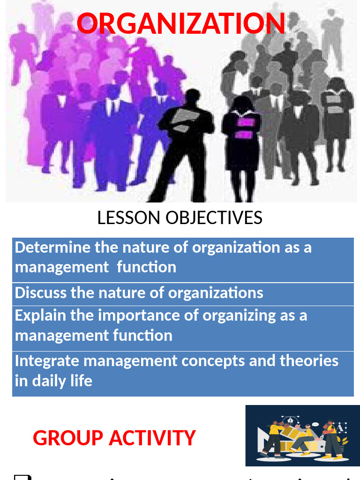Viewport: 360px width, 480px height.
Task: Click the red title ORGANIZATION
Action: (180, 23)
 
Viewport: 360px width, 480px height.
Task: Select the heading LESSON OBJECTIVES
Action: (180, 218)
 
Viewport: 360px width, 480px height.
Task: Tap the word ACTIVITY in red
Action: (152, 438)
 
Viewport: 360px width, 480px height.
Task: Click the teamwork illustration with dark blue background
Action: (302, 435)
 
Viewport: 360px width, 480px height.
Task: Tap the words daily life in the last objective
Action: (62, 381)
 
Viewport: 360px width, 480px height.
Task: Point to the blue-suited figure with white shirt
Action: (112, 136)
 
